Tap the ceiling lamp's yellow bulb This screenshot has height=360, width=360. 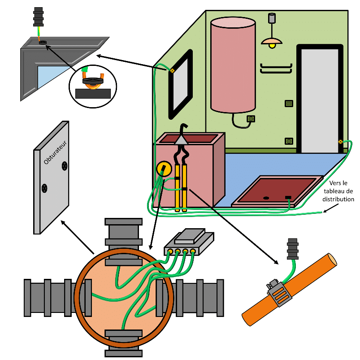pyautogui.click(x=271, y=46)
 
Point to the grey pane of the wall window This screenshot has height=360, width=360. pyautogui.click(x=182, y=85)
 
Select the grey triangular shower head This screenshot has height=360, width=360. pyautogui.click(x=181, y=140)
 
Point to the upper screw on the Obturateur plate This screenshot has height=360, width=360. pyautogui.click(x=65, y=166)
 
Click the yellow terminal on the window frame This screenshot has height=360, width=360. pyautogui.click(x=172, y=70)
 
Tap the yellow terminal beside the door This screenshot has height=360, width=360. pyautogui.click(x=340, y=142)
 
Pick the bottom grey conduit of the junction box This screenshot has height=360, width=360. pyautogui.click(x=123, y=344)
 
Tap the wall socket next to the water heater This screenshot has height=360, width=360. pyautogui.click(x=251, y=119)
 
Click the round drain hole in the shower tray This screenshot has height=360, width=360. pyautogui.click(x=265, y=197)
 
